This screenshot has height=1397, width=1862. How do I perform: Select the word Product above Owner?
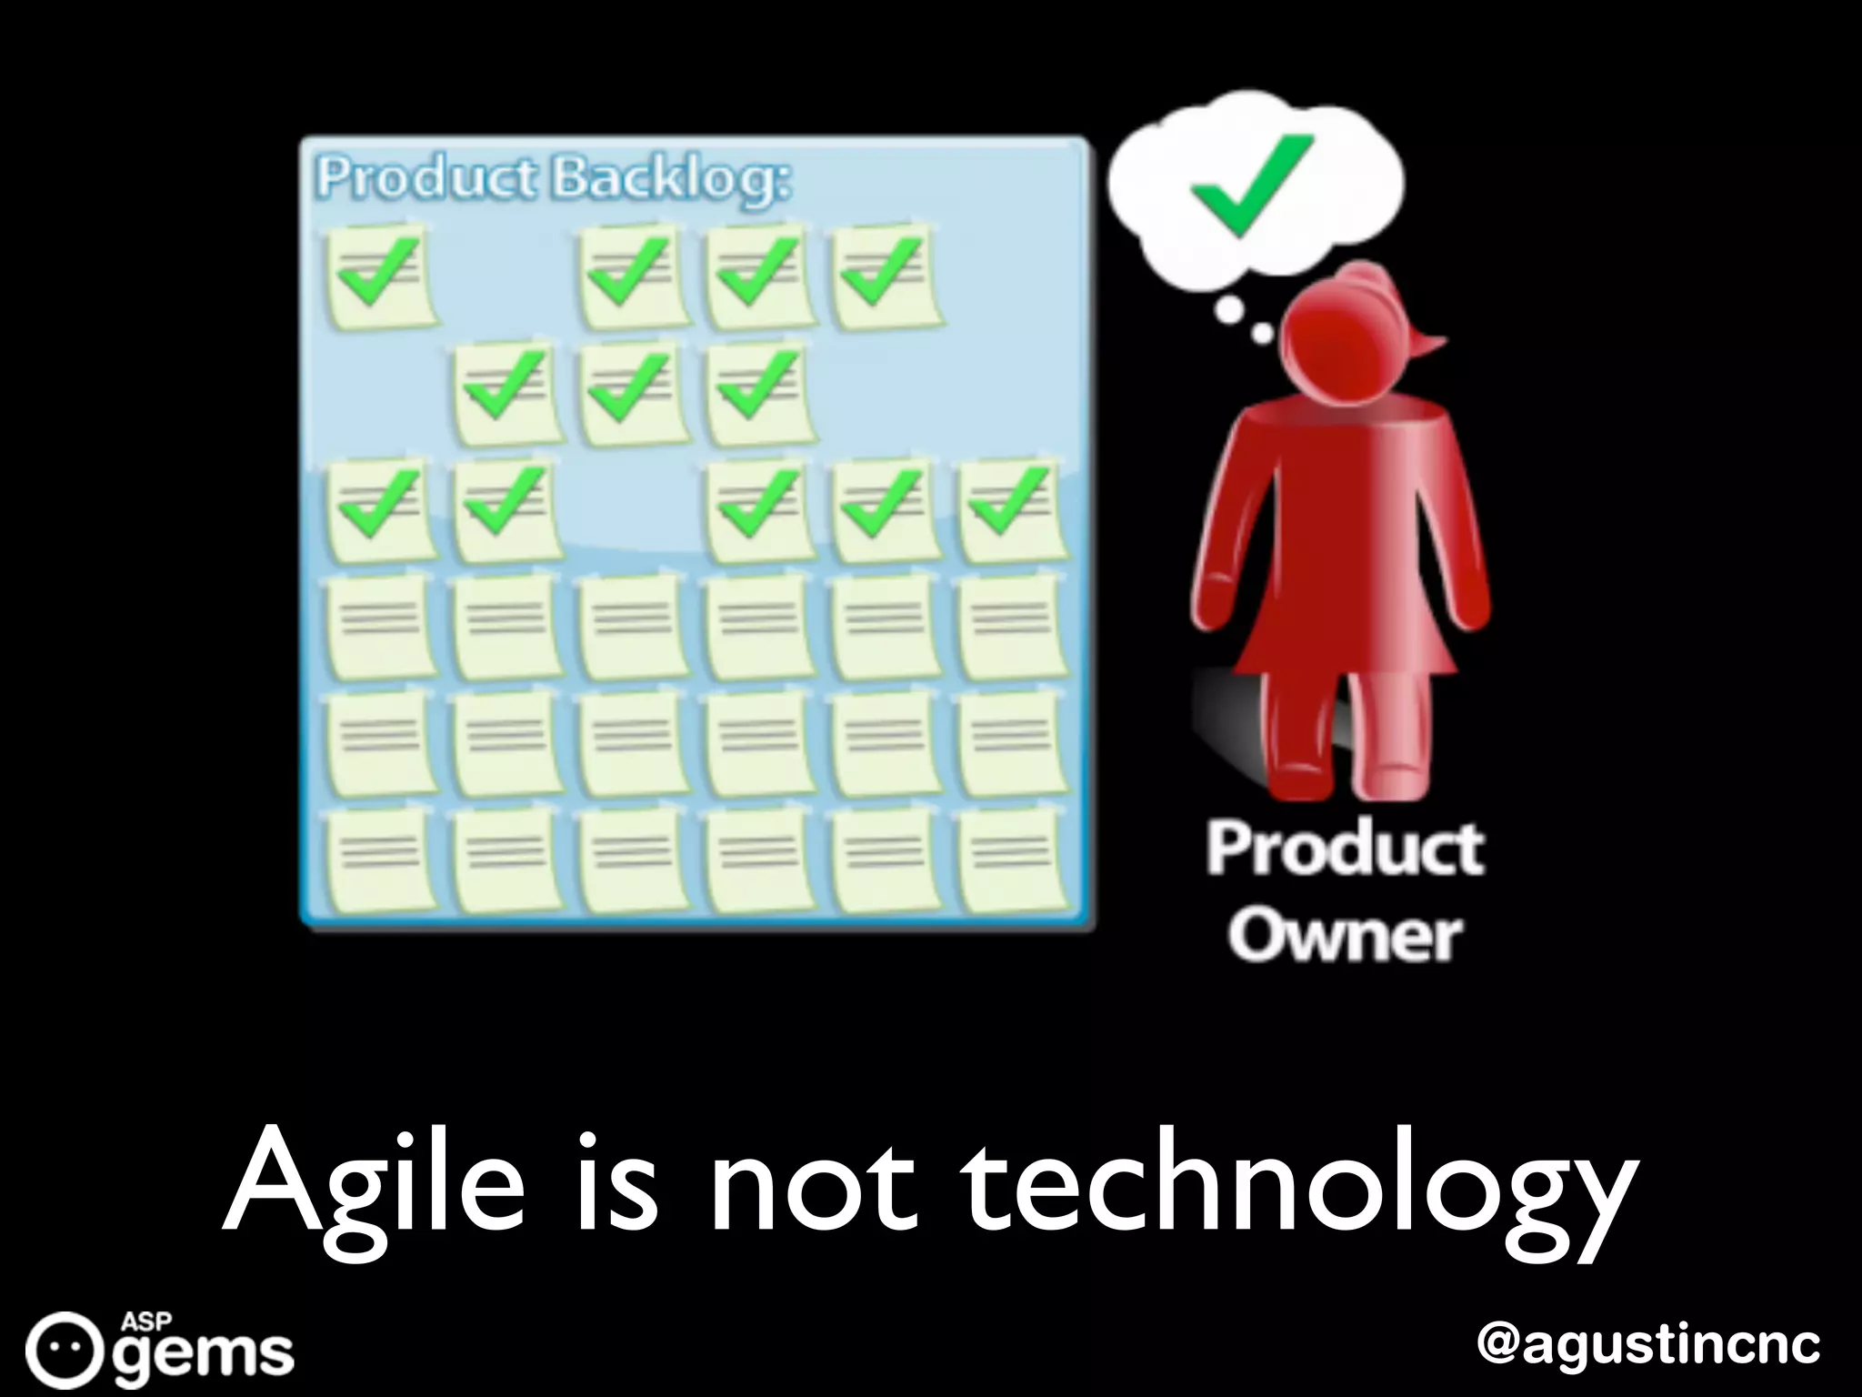click(1345, 849)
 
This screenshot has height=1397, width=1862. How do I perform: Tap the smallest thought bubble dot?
click(1263, 335)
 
